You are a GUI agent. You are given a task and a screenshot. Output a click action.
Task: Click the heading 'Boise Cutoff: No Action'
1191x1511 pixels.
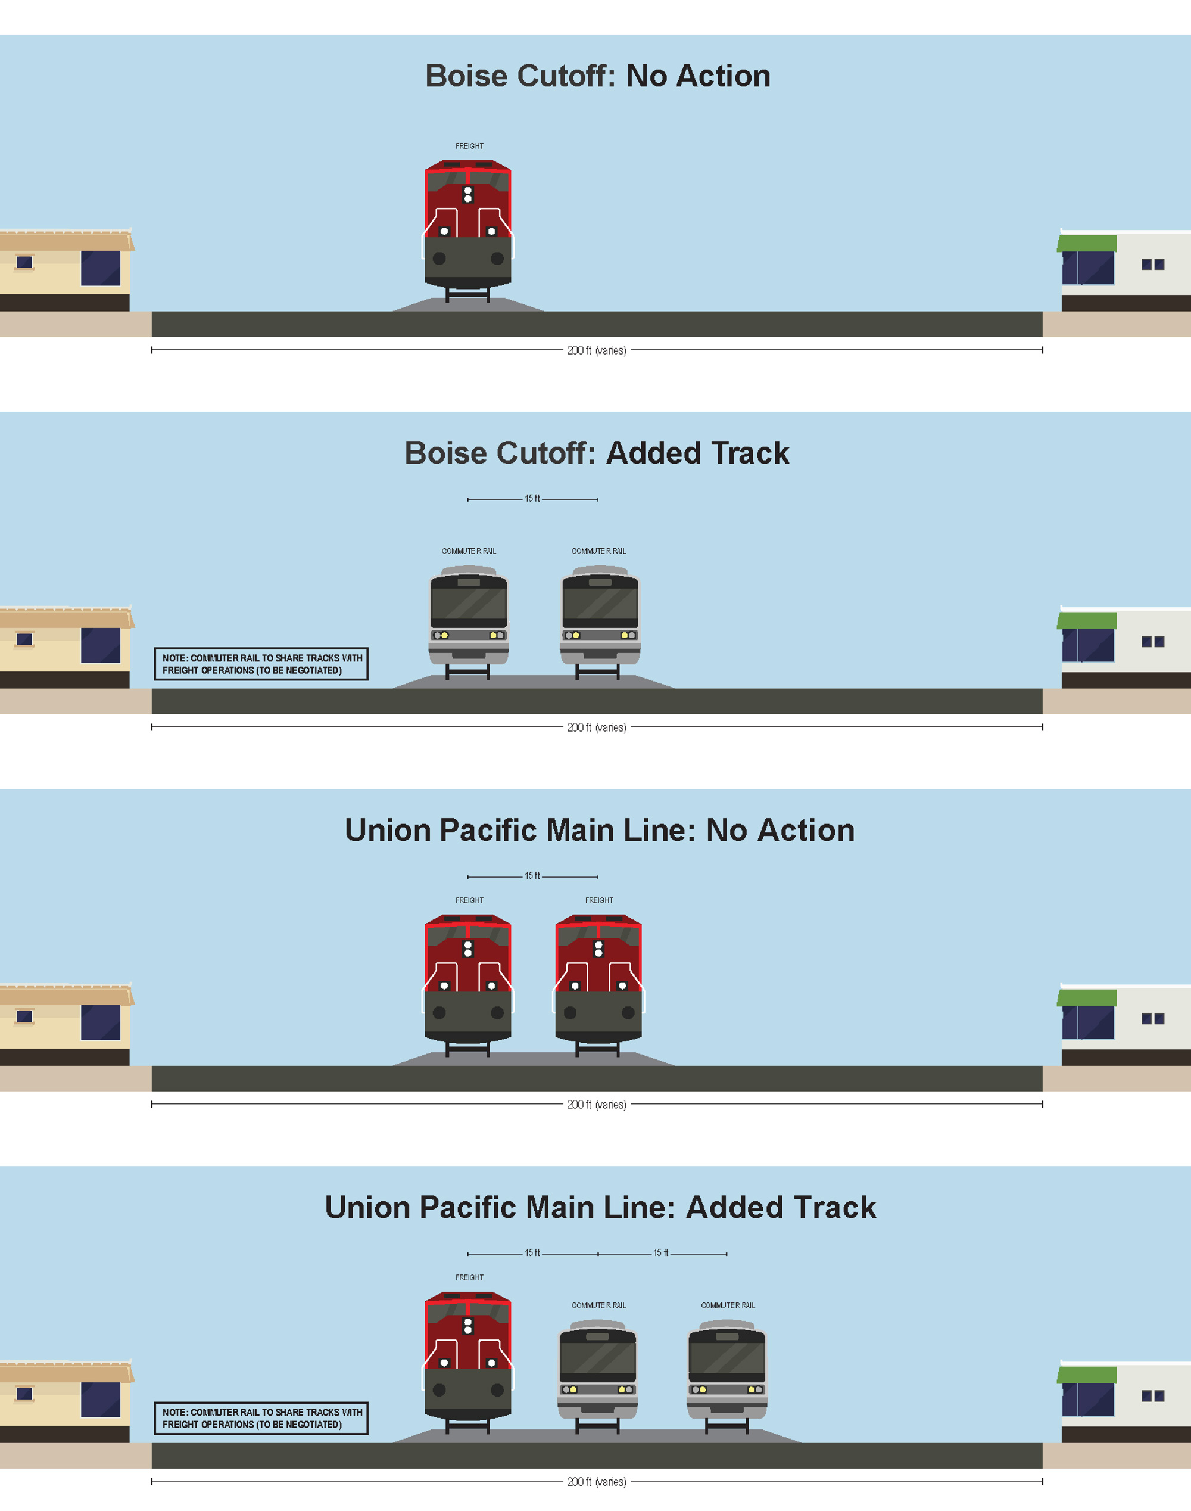click(598, 76)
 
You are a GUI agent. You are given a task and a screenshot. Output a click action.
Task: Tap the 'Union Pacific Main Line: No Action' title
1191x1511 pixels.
click(599, 830)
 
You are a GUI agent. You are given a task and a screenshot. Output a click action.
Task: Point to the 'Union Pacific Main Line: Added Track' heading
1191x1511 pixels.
click(600, 1208)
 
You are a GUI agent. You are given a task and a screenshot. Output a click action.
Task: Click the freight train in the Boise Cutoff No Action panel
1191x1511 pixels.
click(468, 227)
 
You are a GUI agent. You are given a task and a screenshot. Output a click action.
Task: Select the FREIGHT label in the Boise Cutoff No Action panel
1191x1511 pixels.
click(469, 147)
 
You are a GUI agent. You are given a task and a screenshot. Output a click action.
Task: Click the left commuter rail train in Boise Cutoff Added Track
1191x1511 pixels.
click(469, 617)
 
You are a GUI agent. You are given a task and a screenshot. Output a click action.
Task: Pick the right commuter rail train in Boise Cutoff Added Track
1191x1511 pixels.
click(600, 617)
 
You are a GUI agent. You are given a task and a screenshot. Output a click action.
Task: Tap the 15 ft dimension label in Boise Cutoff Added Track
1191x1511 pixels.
click(532, 499)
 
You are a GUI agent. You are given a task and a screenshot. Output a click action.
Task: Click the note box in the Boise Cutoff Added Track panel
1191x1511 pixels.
click(261, 663)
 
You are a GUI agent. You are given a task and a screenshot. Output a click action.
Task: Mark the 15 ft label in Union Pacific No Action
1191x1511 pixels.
click(532, 875)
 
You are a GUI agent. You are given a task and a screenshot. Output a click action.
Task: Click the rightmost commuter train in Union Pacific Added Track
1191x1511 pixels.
click(727, 1373)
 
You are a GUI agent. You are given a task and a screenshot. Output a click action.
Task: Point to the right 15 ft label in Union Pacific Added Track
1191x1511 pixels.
click(660, 1253)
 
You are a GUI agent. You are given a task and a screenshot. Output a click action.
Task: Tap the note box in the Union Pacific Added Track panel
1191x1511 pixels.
click(261, 1418)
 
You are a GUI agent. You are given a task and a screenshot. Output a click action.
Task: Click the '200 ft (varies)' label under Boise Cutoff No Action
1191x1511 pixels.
click(596, 350)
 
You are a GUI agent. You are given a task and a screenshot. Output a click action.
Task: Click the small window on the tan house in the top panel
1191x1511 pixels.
click(24, 262)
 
